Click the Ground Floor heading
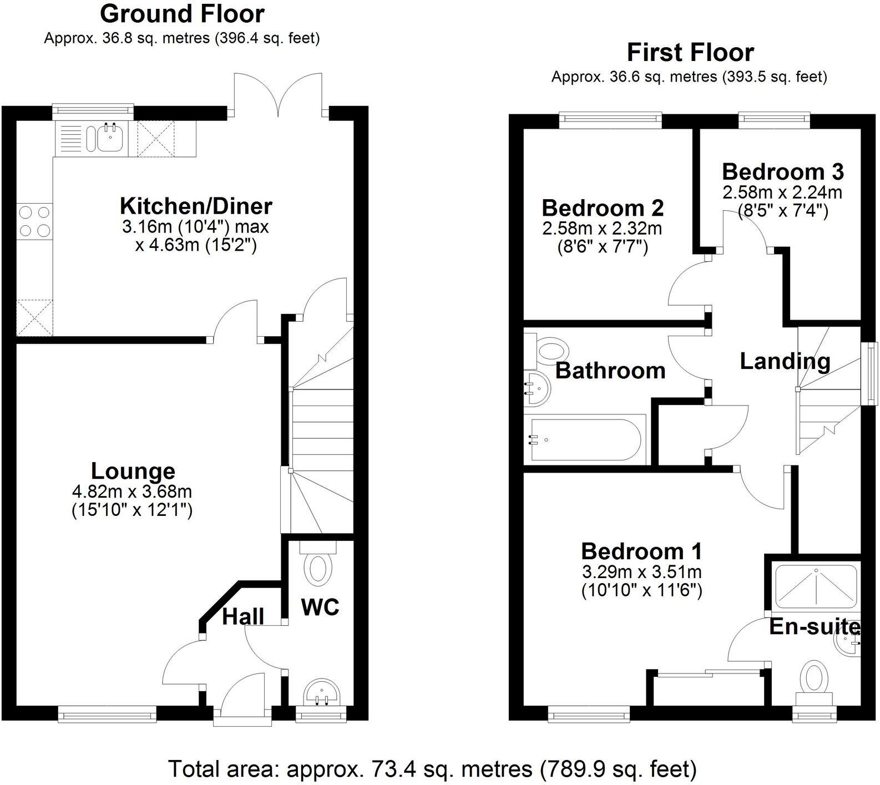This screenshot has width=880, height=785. (182, 14)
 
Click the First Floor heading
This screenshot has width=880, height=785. (690, 53)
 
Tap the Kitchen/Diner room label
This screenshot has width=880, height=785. (196, 206)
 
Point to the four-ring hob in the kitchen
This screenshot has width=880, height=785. (34, 221)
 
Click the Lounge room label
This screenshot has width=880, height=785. (133, 472)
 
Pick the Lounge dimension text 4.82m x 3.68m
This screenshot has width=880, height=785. (132, 491)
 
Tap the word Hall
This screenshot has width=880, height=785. (243, 616)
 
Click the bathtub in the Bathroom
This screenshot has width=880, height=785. (585, 440)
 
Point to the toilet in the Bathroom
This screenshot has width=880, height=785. (549, 351)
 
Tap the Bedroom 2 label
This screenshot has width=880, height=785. (603, 209)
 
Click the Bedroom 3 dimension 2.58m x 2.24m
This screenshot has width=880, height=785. (782, 193)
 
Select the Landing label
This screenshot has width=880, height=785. (785, 362)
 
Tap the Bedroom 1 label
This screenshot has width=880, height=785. (641, 551)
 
